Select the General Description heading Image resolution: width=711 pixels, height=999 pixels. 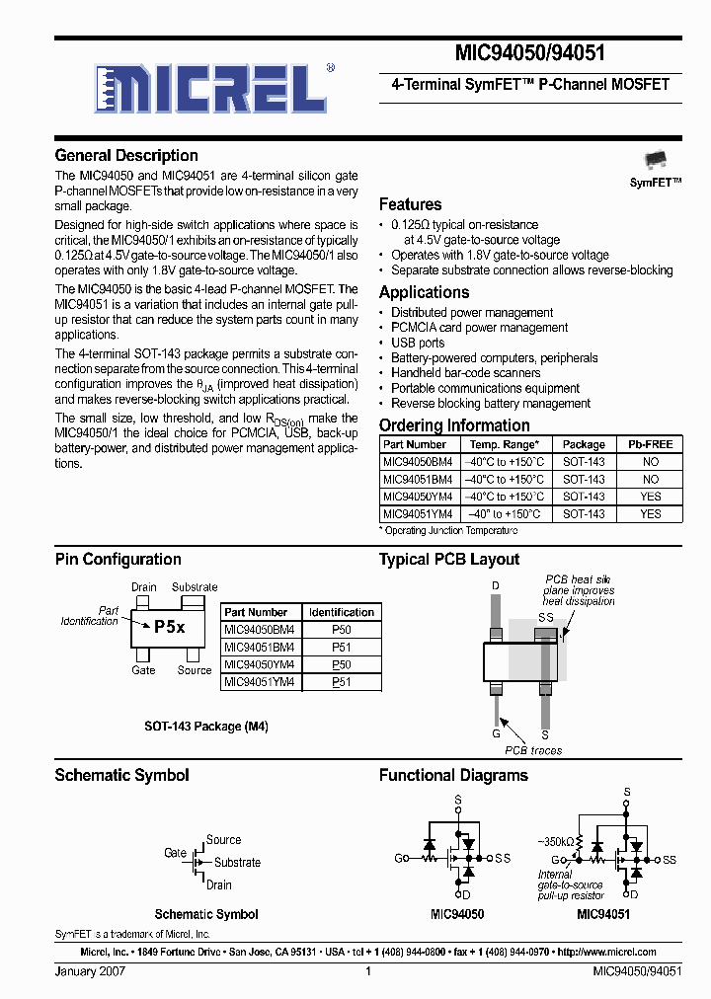[x=126, y=155]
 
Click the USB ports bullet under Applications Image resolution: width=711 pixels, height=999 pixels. [x=418, y=343]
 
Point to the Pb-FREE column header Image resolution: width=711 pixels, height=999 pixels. [x=650, y=444]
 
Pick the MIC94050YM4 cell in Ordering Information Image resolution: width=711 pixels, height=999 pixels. [x=417, y=497]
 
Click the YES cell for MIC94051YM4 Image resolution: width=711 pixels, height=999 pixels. [x=650, y=514]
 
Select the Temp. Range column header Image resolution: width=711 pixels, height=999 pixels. [x=504, y=444]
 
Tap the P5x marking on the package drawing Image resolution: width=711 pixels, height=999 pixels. [x=169, y=627]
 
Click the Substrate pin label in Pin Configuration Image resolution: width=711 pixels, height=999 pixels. [x=195, y=587]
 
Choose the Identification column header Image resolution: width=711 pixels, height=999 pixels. [x=341, y=612]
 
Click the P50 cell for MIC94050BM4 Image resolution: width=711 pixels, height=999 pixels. [x=341, y=629]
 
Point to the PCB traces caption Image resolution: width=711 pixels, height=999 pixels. [x=533, y=750]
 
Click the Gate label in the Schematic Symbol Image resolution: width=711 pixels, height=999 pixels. [x=175, y=853]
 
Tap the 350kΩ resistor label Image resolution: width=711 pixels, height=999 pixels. [x=556, y=841]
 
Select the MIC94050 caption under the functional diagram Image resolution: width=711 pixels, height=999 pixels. [x=457, y=915]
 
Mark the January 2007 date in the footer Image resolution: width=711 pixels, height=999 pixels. [x=90, y=972]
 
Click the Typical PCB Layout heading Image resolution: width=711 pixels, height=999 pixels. [x=449, y=559]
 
